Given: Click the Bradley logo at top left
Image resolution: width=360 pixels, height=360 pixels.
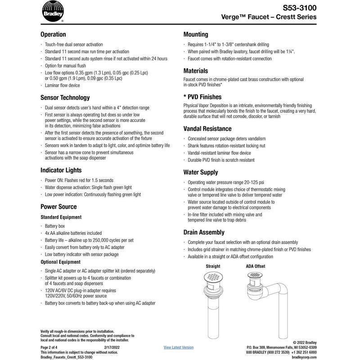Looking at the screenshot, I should pyautogui.click(x=53, y=11).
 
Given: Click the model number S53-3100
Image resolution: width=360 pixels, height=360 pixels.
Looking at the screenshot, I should pyautogui.click(x=300, y=8).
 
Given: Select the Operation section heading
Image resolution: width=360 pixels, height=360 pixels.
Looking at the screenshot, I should pyautogui.click(x=53, y=35).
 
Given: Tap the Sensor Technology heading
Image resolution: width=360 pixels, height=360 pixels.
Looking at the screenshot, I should pyautogui.click(x=65, y=98).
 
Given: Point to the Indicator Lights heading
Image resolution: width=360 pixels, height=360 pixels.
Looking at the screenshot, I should pyautogui.click(x=61, y=171).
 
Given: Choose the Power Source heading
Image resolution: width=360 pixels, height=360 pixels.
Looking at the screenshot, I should pyautogui.click(x=58, y=207).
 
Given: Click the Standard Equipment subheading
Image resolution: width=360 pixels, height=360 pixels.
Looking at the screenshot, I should pyautogui.click(x=61, y=217).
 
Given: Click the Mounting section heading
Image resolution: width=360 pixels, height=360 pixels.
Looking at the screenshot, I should pyautogui.click(x=195, y=35).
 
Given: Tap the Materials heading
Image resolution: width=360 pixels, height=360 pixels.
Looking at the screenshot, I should pyautogui.click(x=195, y=71).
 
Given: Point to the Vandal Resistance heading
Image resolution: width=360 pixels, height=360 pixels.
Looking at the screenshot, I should pyautogui.click(x=207, y=129).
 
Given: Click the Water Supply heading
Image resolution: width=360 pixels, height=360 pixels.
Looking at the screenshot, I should pyautogui.click(x=201, y=172).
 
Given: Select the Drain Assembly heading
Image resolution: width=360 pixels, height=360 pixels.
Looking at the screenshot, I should pyautogui.click(x=204, y=233).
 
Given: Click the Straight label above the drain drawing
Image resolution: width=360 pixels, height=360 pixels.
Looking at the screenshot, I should pyautogui.click(x=213, y=266).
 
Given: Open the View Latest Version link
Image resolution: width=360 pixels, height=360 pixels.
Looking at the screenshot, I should pyautogui.click(x=179, y=347).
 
